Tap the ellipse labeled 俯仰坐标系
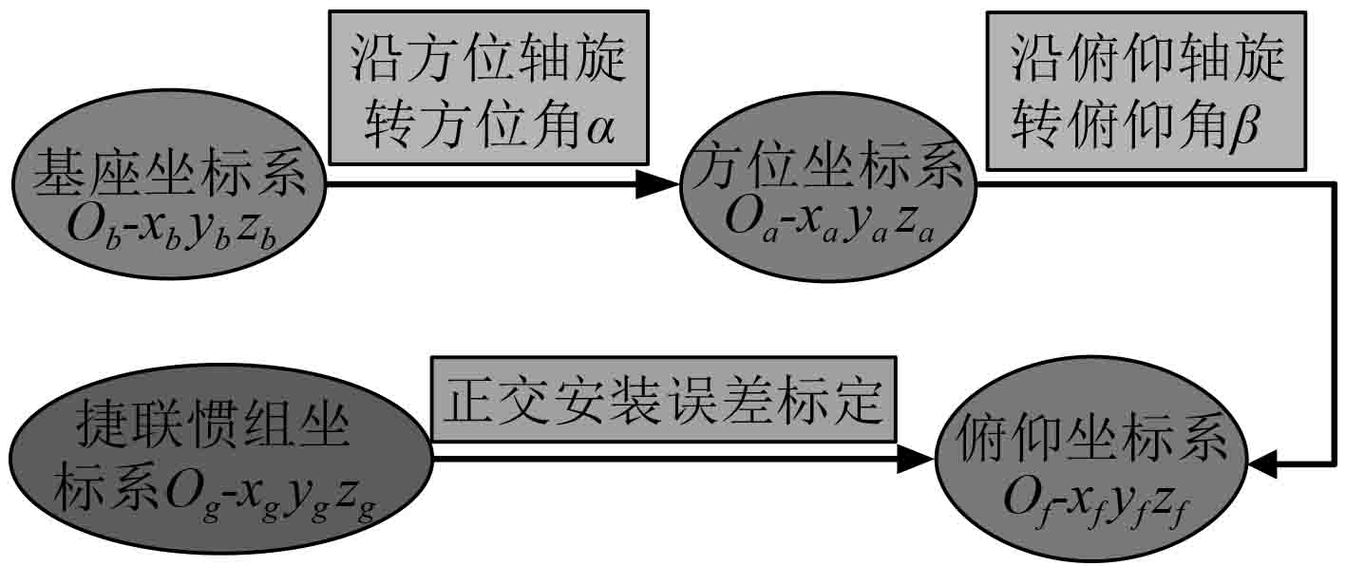point(1092,465)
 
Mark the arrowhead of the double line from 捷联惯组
point(917,460)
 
